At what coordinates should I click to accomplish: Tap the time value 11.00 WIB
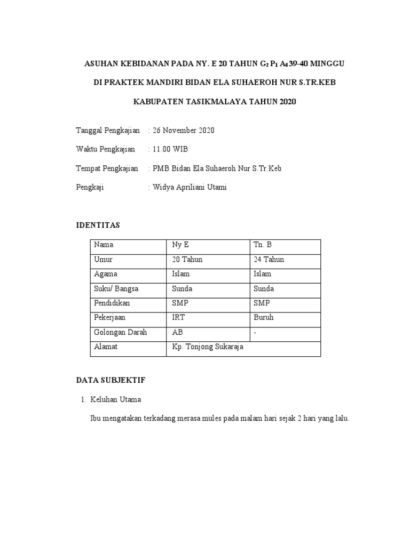pyautogui.click(x=170, y=149)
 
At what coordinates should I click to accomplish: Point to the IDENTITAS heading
pyautogui.click(x=98, y=226)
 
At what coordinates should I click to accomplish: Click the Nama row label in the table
pyautogui.click(x=104, y=245)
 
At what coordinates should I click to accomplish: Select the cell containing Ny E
pyautogui.click(x=180, y=245)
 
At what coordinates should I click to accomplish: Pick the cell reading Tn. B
pyautogui.click(x=263, y=245)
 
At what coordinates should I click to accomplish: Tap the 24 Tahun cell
pyautogui.click(x=269, y=260)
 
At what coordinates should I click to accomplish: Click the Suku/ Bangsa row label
pyautogui.click(x=116, y=288)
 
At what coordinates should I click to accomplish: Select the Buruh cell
pyautogui.click(x=264, y=318)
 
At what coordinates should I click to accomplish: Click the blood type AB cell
pyautogui.click(x=177, y=332)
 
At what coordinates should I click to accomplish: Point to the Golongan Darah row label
pyautogui.click(x=120, y=332)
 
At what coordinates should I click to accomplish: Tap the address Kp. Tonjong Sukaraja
pyautogui.click(x=207, y=347)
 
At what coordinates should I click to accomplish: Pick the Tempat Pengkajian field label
pyautogui.click(x=107, y=168)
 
